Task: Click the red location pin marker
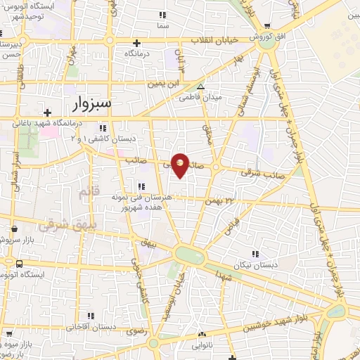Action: click(x=181, y=165)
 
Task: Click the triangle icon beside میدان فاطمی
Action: click(x=201, y=87)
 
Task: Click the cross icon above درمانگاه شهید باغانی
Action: click(x=48, y=112)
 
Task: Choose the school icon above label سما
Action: click(x=162, y=15)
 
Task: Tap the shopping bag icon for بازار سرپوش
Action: click(x=15, y=229)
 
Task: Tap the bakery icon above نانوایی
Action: click(x=202, y=335)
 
